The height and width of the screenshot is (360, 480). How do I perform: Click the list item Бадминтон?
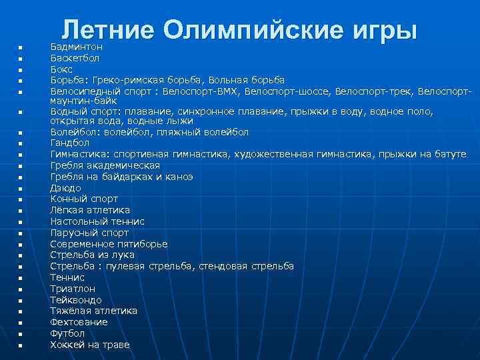click(x=77, y=47)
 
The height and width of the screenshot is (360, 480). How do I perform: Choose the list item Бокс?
click(x=62, y=69)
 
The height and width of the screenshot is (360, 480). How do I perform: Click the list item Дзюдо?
click(x=65, y=188)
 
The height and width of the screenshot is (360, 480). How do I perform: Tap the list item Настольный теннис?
click(x=97, y=221)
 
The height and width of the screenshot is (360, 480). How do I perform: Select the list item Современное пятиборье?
click(x=109, y=244)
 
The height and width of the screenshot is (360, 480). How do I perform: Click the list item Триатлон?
click(x=73, y=289)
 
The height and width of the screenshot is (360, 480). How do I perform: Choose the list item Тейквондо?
click(x=77, y=300)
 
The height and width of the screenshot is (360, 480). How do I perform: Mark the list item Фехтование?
click(x=79, y=322)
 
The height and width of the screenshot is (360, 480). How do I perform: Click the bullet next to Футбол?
click(x=21, y=334)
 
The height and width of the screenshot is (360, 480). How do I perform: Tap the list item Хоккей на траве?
click(x=90, y=345)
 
